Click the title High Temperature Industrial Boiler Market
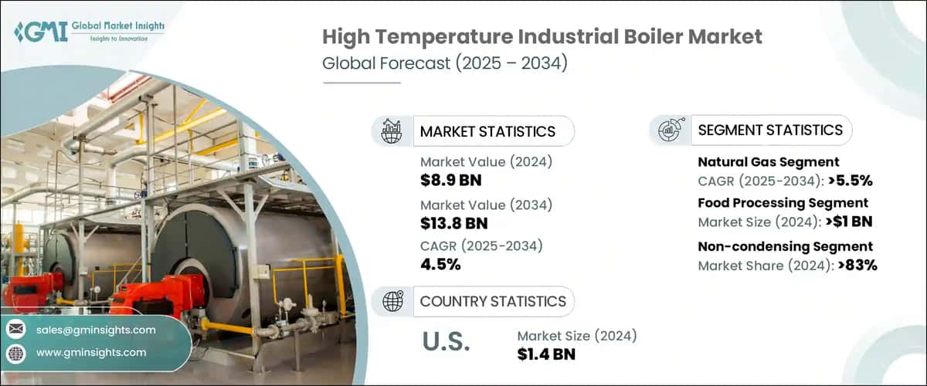[x=542, y=36]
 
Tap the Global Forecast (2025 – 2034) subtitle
[x=445, y=63]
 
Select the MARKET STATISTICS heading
[x=487, y=131]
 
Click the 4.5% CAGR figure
[x=440, y=265]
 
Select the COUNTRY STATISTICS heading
[x=493, y=301]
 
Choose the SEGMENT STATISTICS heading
[x=770, y=130]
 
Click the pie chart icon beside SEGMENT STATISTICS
[x=670, y=130]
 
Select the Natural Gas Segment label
[x=768, y=162]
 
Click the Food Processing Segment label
[x=783, y=203]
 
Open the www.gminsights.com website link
[x=90, y=352]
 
